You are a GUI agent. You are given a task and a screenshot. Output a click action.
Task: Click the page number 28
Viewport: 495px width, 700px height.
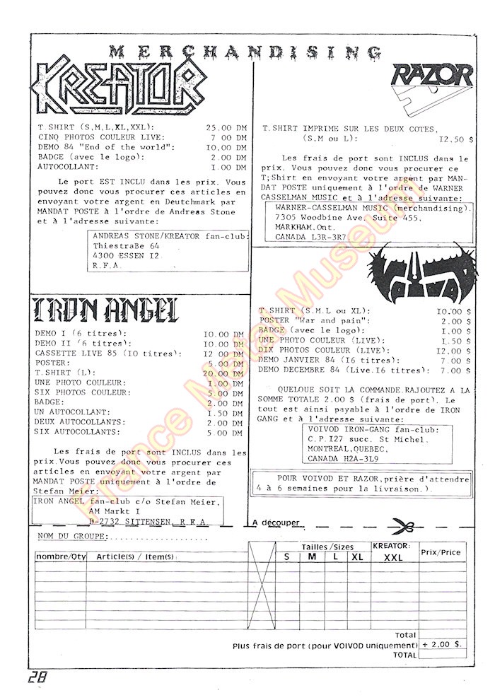[x=39, y=677]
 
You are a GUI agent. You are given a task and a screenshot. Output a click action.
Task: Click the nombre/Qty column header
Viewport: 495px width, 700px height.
[x=60, y=557]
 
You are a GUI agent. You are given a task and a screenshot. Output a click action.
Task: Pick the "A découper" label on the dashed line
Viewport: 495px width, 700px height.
[x=276, y=523]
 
